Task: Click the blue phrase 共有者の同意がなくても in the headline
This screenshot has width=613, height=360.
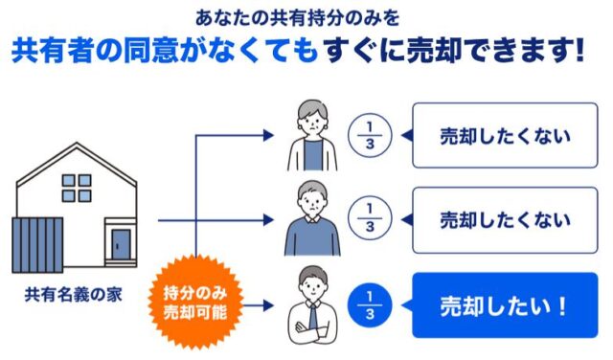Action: tap(163, 49)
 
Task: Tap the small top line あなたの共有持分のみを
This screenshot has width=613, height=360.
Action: tap(306, 16)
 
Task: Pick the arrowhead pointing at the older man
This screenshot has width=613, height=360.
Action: tap(269, 221)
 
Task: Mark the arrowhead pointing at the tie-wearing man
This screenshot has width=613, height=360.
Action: tap(269, 306)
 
